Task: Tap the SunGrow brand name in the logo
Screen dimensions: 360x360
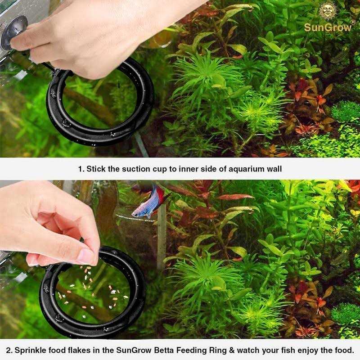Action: coord(327,27)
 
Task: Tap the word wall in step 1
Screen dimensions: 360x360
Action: coord(274,169)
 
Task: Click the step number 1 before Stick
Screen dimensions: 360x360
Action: coord(80,169)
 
